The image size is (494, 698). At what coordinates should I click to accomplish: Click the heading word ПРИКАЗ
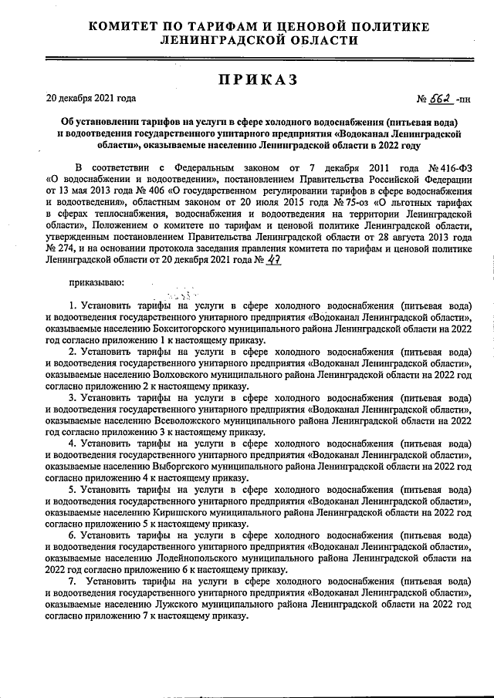tap(247, 79)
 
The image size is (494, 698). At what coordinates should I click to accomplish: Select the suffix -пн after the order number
tap(463, 99)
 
